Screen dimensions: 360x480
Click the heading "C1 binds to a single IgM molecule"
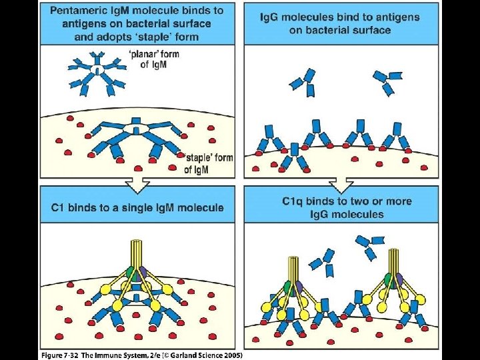[x=138, y=208]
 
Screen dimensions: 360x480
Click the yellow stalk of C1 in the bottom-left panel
[x=138, y=253]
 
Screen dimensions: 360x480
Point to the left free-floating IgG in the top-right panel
[x=303, y=83]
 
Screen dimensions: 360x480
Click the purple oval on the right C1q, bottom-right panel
[x=399, y=280]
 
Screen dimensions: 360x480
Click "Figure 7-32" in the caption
[x=58, y=355]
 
